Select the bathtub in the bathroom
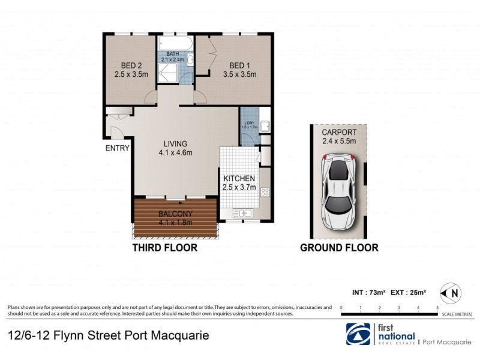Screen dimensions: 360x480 tap(174, 44)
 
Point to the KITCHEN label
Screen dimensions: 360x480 tap(239, 183)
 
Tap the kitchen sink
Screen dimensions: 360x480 tap(244, 212)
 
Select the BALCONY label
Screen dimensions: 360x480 tap(175, 218)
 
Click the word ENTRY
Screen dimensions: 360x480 tap(118, 148)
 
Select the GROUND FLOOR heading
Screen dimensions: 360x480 tap(338, 247)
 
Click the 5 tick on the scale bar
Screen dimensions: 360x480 tap(437, 307)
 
